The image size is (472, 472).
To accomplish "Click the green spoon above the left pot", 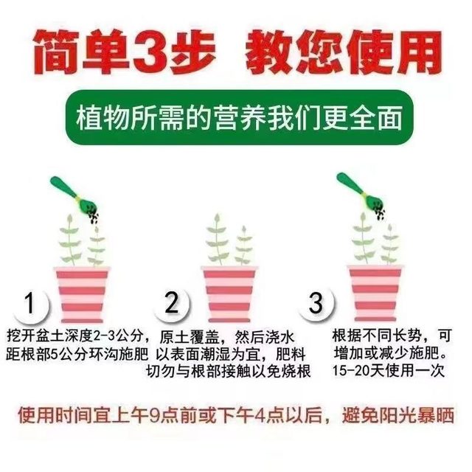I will [x=67, y=191].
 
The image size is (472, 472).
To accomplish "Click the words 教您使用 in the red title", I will [x=353, y=51].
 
